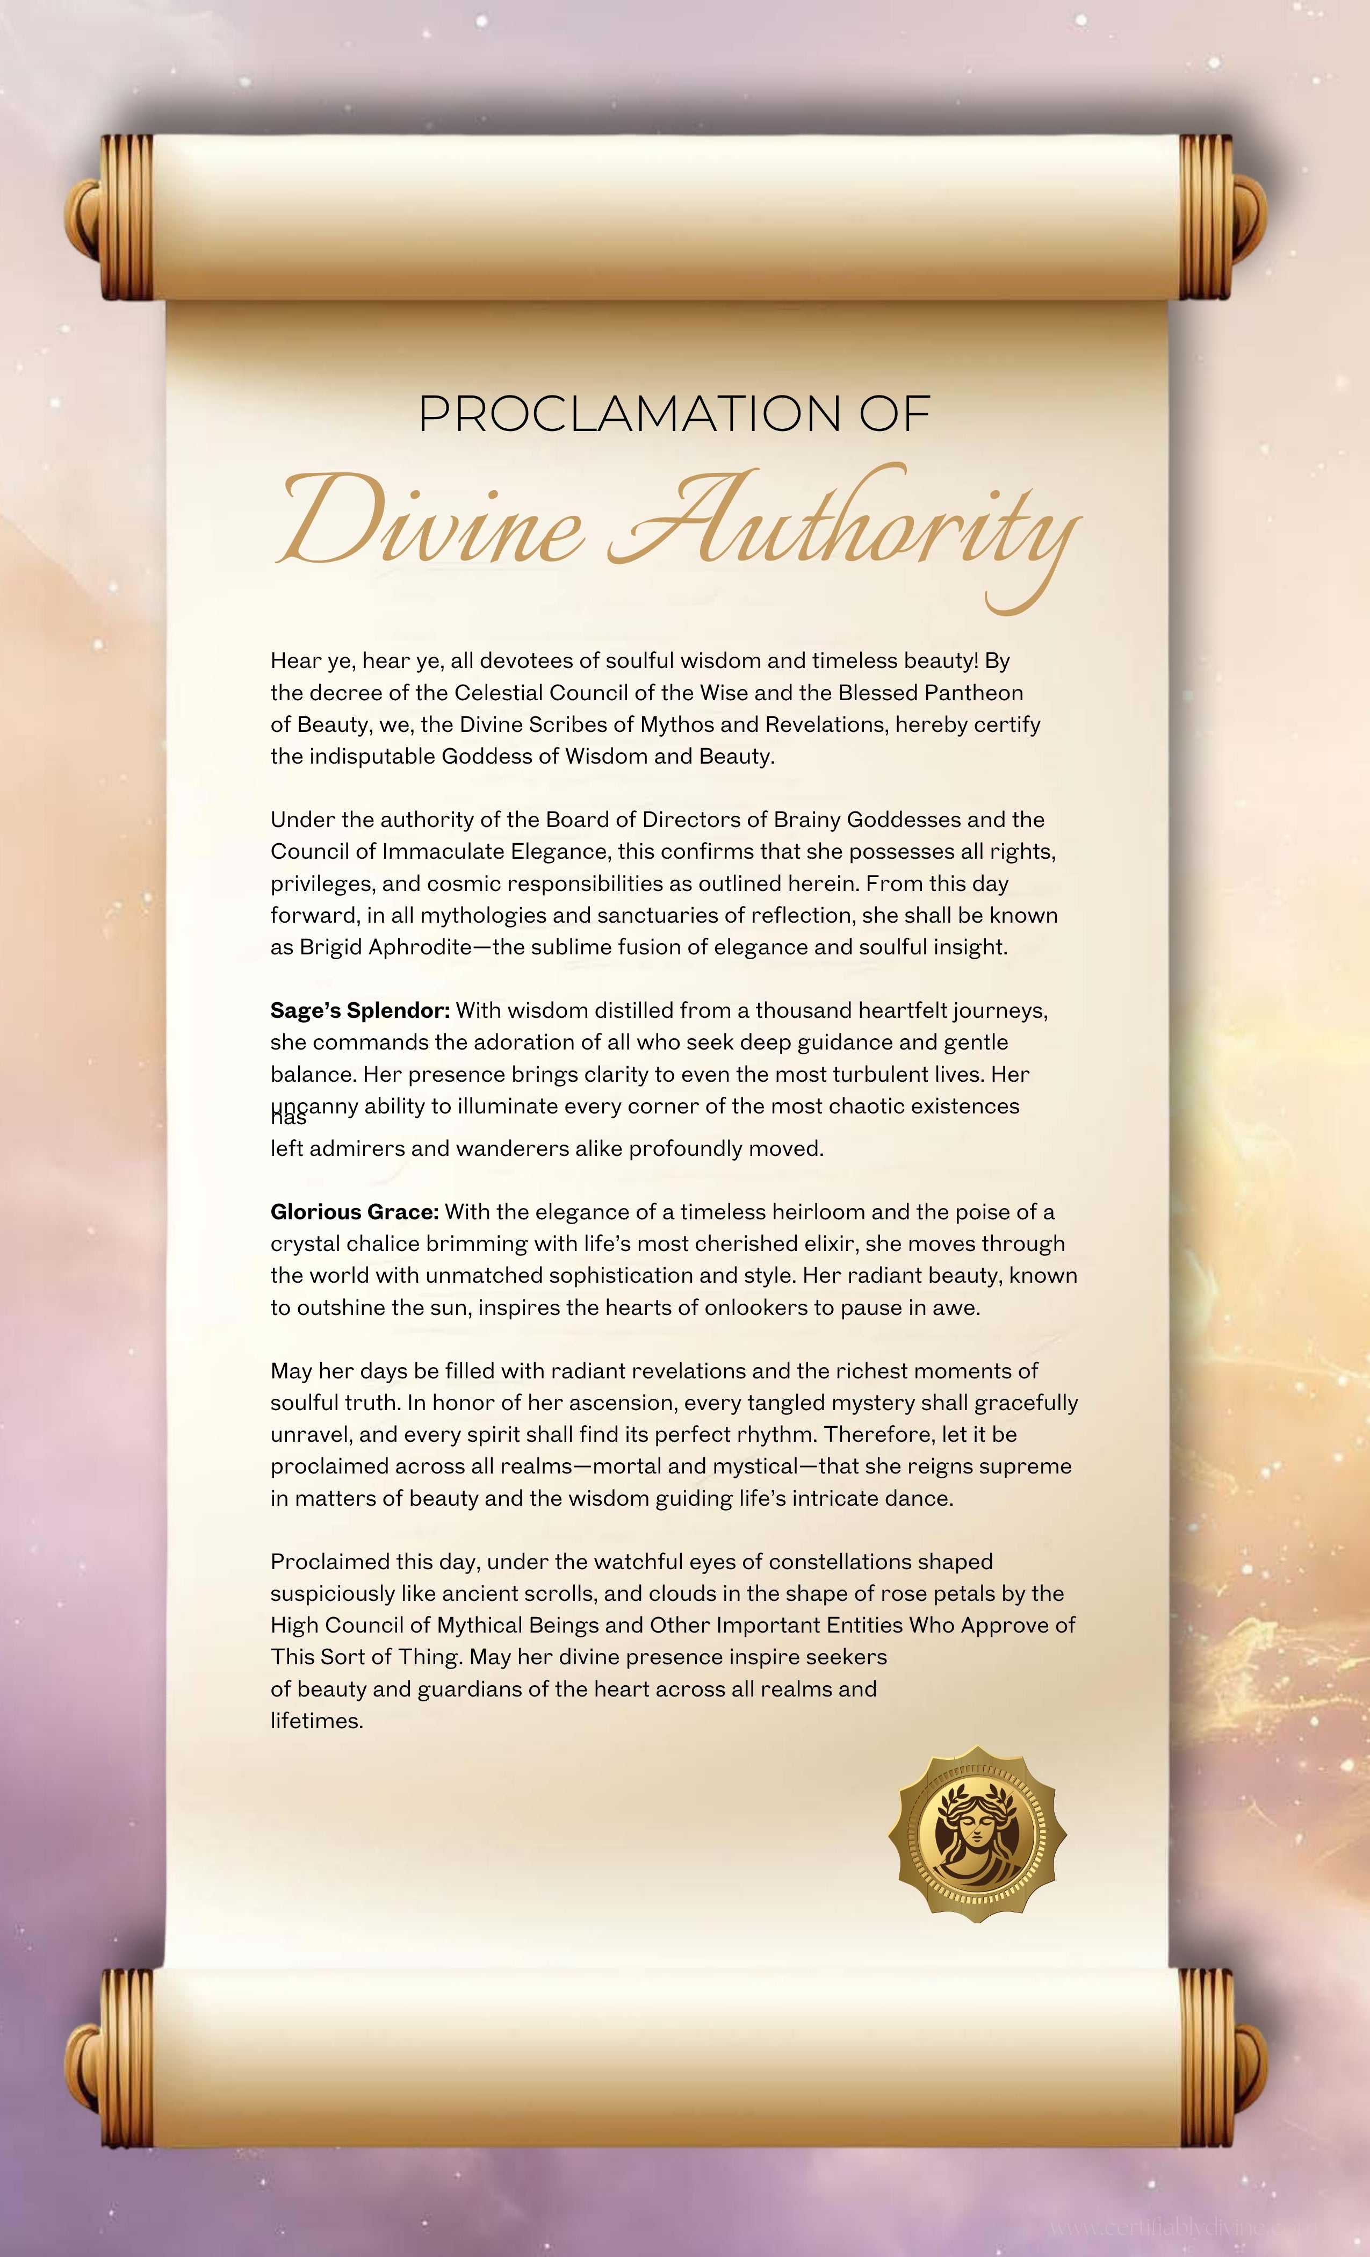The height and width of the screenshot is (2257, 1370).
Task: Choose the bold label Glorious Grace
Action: click(355, 1212)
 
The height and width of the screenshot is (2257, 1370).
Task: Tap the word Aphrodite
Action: click(420, 947)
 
